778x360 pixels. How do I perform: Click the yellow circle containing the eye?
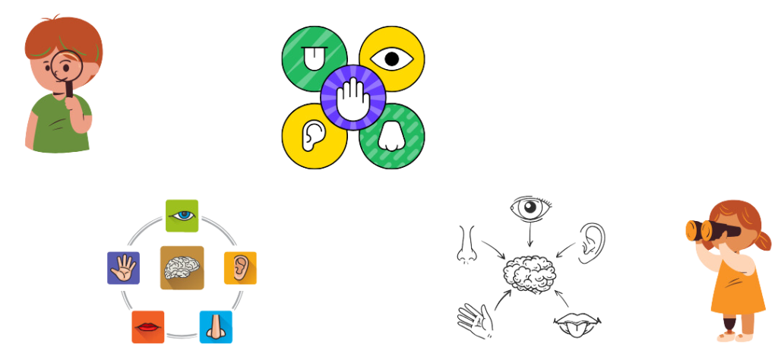tap(392, 58)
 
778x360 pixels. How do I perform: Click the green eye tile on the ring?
tap(182, 216)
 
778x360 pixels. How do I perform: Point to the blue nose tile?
tap(216, 327)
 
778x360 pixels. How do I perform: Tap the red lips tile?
tap(147, 327)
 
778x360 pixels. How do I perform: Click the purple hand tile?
tap(123, 267)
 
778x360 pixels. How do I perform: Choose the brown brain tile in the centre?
tap(182, 267)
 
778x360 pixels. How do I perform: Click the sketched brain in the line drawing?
tap(530, 274)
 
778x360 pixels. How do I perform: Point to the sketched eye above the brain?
tap(530, 210)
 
